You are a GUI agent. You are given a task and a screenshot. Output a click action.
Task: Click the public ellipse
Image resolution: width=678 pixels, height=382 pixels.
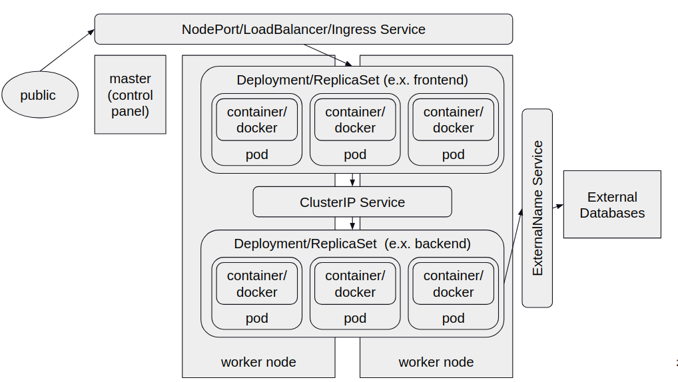tap(39, 95)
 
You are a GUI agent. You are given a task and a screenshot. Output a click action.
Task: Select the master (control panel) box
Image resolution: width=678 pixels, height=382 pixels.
tap(130, 95)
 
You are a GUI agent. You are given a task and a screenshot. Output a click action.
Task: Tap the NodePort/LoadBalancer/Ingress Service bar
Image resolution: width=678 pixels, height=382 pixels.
tap(303, 29)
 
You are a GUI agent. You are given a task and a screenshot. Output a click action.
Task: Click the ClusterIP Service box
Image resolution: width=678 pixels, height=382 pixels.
tap(352, 202)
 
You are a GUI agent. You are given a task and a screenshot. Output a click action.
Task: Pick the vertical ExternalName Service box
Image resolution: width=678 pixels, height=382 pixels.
tap(537, 208)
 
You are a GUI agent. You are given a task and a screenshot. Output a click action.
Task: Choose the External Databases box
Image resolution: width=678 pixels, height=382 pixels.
tap(611, 204)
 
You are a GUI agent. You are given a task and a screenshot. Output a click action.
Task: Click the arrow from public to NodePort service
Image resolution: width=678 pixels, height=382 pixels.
tap(67, 50)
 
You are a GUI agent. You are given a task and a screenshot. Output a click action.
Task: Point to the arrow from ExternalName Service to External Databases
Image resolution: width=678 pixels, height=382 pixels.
tap(557, 206)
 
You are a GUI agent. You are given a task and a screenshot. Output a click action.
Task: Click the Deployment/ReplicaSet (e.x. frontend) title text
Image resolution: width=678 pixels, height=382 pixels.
tap(352, 80)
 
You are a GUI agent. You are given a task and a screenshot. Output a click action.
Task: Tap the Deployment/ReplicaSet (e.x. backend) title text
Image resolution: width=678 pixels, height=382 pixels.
tap(352, 244)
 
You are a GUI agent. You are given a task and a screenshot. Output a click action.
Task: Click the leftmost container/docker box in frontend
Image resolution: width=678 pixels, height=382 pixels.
tap(256, 120)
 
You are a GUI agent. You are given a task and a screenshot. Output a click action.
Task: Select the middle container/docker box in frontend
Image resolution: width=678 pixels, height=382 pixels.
tap(354, 120)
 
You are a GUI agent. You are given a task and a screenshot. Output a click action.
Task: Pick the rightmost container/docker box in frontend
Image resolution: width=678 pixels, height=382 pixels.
tap(453, 120)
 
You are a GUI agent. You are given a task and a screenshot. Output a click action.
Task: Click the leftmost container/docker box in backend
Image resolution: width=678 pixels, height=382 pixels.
tap(256, 284)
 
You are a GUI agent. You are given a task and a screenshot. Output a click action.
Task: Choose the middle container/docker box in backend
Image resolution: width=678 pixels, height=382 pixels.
tap(354, 284)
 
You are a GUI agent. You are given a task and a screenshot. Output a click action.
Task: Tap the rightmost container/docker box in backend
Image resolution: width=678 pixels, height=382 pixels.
tap(453, 284)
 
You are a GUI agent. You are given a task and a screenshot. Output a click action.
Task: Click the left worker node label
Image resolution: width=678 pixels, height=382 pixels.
tap(258, 362)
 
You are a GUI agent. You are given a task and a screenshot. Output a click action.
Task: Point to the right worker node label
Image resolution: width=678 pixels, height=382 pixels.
tap(436, 362)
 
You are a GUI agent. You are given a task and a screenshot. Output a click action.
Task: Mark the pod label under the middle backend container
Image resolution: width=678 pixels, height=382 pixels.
tap(354, 318)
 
